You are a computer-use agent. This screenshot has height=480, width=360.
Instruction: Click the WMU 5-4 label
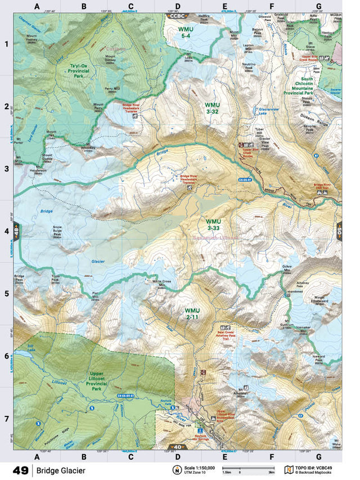click(x=186, y=32)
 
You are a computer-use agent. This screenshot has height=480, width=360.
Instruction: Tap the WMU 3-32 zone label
click(x=212, y=109)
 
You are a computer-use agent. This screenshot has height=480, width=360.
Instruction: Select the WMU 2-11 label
click(x=192, y=313)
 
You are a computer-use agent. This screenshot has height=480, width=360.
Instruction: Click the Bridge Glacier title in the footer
click(x=62, y=470)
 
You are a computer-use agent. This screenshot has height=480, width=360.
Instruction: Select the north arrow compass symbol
click(x=176, y=470)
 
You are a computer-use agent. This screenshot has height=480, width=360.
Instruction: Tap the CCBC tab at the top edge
click(x=177, y=16)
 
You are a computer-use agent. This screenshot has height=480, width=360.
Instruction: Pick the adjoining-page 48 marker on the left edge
click(x=16, y=231)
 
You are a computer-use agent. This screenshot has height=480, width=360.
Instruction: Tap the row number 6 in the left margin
click(x=7, y=356)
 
